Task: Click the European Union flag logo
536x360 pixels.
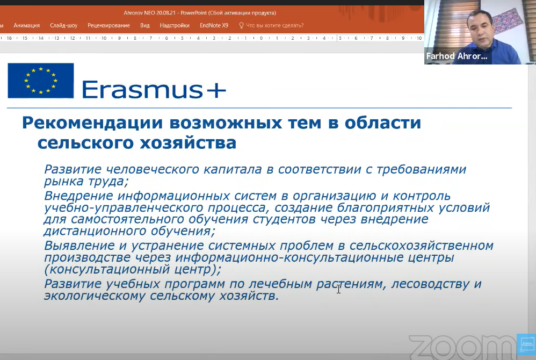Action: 41,81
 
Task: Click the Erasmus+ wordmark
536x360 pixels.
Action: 154,90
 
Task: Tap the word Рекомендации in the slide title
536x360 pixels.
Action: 92,123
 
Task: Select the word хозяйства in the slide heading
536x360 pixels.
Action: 188,142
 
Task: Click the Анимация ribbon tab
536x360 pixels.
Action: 27,25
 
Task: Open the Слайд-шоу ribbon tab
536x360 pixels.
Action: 63,25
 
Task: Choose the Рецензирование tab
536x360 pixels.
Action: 108,25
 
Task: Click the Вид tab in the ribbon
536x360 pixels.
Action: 145,25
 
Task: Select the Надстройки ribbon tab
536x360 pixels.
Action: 175,25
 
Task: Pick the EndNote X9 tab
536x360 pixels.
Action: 214,25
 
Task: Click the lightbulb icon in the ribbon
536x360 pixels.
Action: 241,25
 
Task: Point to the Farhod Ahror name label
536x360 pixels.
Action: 457,56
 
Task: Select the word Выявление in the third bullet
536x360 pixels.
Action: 79,246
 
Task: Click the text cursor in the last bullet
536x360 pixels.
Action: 338,289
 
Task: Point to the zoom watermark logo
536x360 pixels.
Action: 463,347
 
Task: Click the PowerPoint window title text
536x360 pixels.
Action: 200,13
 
